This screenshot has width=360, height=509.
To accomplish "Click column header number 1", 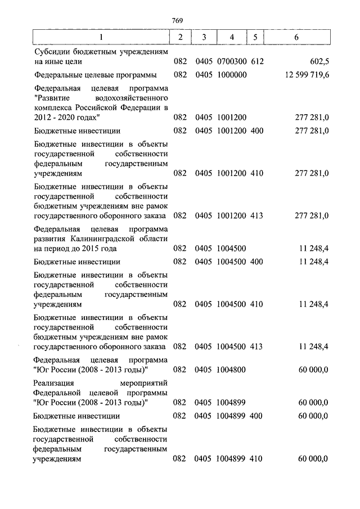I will pyautogui.click(x=101, y=37).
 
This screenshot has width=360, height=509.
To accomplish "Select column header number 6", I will pyautogui.click(x=296, y=37).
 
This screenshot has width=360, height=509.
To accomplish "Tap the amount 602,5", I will pyautogui.click(x=318, y=61).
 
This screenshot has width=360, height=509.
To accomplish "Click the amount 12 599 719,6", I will pyautogui.click(x=303, y=75).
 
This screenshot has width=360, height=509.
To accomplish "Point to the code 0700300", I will pyautogui.click(x=231, y=61).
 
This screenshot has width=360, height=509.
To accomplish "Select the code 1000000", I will pyautogui.click(x=231, y=75).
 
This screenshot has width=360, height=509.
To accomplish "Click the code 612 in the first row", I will pyautogui.click(x=256, y=61).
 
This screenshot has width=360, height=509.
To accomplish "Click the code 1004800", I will pyautogui.click(x=231, y=370).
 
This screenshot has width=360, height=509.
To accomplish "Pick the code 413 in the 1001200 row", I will pyautogui.click(x=256, y=215).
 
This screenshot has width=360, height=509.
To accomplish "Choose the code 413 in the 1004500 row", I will pyautogui.click(x=256, y=346).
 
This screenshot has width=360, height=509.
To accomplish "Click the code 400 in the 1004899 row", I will pyautogui.click(x=256, y=416).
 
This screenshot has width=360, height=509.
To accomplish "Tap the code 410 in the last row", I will pyautogui.click(x=256, y=459).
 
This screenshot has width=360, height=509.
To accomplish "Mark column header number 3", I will pyautogui.click(x=204, y=37).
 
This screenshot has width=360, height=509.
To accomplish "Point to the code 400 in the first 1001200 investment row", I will pyautogui.click(x=256, y=131).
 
